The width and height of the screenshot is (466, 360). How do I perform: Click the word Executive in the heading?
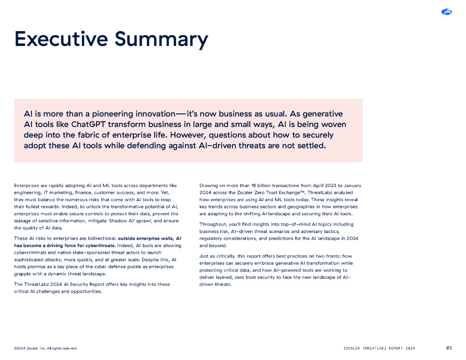tap(61, 39)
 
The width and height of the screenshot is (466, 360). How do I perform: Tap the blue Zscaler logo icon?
tap(446, 12)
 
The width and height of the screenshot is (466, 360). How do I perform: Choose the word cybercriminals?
tap(30, 253)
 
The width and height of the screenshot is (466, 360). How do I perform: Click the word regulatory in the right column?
tap(210, 238)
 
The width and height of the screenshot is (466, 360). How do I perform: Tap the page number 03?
tap(449, 348)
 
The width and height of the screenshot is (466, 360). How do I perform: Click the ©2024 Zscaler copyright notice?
tap(46, 349)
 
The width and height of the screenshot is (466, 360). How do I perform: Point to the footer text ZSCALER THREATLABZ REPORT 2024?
tap(379, 349)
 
